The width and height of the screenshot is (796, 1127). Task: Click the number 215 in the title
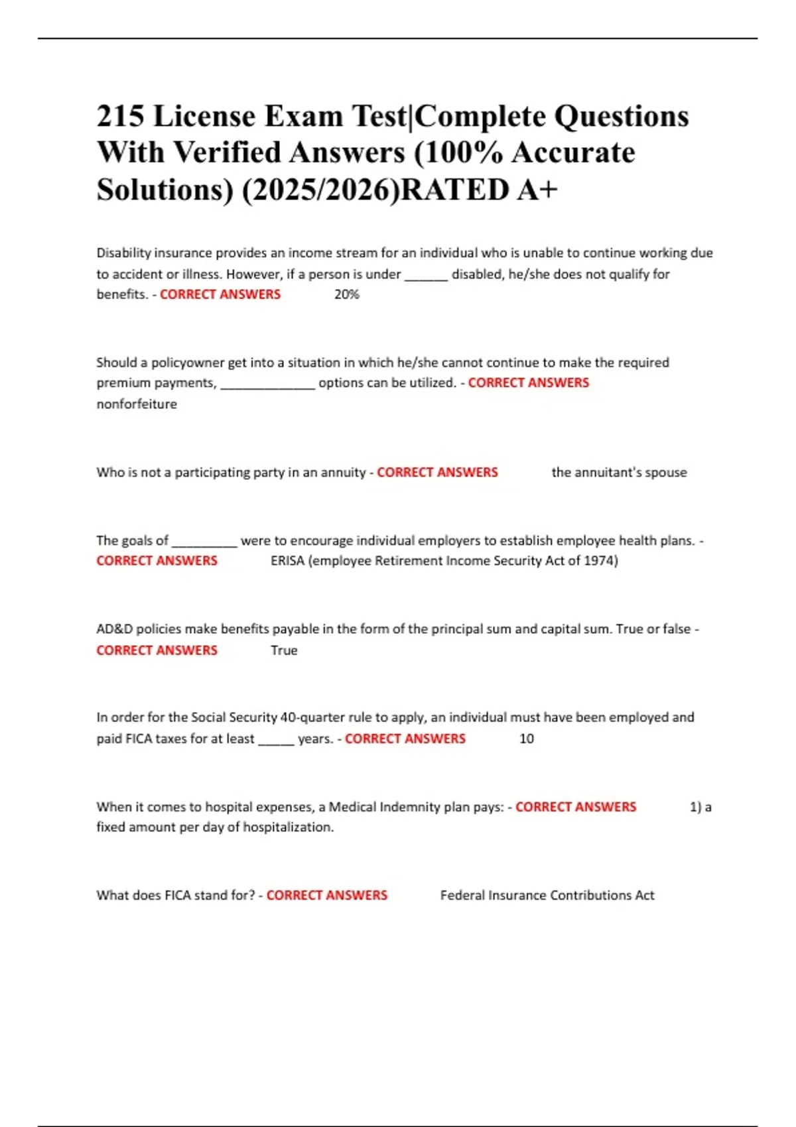tap(120, 117)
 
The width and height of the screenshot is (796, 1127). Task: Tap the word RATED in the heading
tap(454, 190)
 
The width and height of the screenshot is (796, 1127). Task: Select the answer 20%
tap(346, 294)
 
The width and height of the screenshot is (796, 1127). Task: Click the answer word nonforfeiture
tap(137, 404)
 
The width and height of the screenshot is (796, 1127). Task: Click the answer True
tap(284, 650)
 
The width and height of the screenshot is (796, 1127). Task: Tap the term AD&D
tap(114, 628)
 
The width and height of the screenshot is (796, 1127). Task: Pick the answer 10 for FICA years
tap(526, 739)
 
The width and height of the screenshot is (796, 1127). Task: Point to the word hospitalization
tap(288, 827)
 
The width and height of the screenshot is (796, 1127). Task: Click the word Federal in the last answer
tap(462, 895)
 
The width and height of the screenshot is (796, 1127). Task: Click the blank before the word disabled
tap(426, 274)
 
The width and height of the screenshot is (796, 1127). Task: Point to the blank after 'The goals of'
tap(204, 541)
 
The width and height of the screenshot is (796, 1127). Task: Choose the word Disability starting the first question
tap(123, 253)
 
